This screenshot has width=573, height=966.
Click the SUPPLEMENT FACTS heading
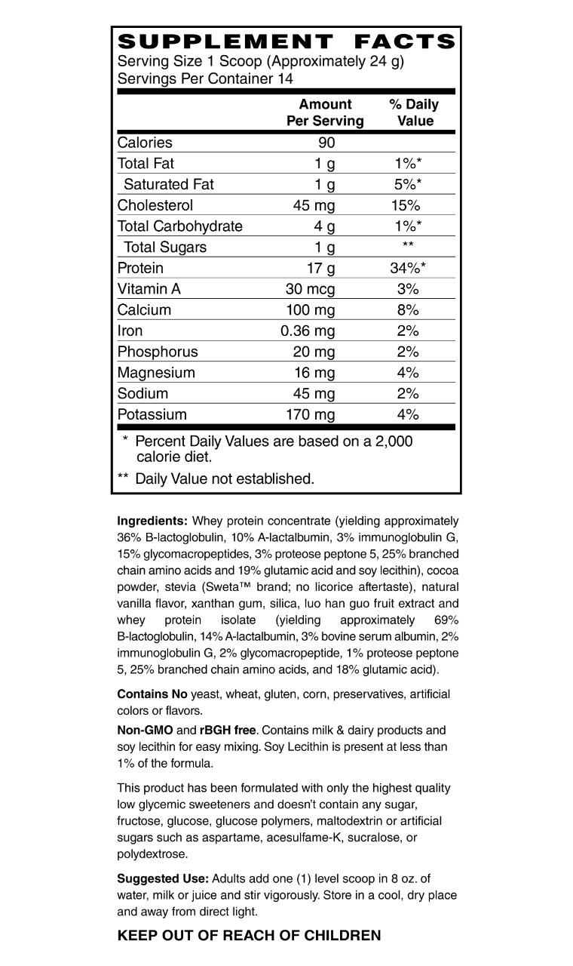pyautogui.click(x=286, y=42)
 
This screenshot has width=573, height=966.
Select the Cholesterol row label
pyautogui.click(x=155, y=205)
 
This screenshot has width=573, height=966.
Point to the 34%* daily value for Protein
pyautogui.click(x=408, y=268)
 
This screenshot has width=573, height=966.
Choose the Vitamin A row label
pyautogui.click(x=149, y=289)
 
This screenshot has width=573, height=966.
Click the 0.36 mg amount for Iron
pyautogui.click(x=308, y=331)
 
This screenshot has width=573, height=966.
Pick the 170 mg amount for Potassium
pyautogui.click(x=310, y=414)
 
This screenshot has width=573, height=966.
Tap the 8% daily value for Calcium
pyautogui.click(x=408, y=310)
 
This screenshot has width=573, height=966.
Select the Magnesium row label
pyautogui.click(x=156, y=373)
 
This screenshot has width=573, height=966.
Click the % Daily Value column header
pyautogui.click(x=414, y=112)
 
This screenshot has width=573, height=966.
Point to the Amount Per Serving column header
pyautogui.click(x=325, y=112)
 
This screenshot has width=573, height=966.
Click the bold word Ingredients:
pyautogui.click(x=152, y=521)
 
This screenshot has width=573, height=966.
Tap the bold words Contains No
pyautogui.click(x=152, y=694)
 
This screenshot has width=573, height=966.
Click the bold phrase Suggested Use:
pyautogui.click(x=163, y=878)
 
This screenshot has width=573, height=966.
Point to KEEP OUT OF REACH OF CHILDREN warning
pyautogui.click(x=250, y=936)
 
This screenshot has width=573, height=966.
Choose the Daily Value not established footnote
pyautogui.click(x=224, y=478)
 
